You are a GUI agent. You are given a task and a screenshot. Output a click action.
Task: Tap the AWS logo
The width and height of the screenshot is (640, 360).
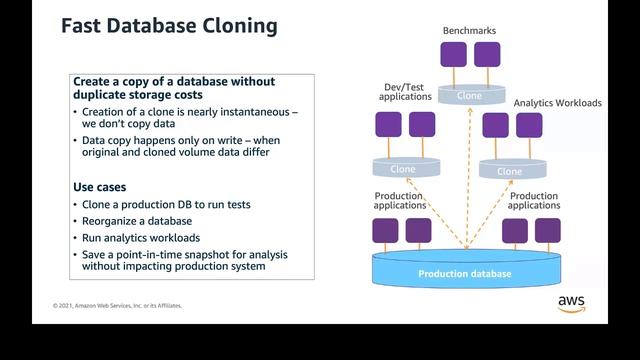coord(571,304)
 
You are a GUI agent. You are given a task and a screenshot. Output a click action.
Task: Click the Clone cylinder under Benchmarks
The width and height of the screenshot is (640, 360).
coord(468,95)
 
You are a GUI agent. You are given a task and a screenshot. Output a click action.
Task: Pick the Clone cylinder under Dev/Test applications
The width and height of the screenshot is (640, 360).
coord(402,168)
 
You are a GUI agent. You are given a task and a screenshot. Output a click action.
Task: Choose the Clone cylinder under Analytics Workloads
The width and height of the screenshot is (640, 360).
coord(509,169)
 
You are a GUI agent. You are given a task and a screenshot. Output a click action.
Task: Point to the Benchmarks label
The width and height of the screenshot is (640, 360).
coord(468,31)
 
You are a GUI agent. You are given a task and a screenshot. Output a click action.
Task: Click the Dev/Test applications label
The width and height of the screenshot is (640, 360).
coord(404,91)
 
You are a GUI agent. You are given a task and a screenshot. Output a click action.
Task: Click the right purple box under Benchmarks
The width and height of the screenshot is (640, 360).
coord(487,55)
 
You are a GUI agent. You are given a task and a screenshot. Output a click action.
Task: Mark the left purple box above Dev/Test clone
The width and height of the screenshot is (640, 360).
coord(388,125)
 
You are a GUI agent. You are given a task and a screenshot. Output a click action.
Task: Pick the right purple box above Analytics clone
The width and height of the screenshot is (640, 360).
coord(529,125)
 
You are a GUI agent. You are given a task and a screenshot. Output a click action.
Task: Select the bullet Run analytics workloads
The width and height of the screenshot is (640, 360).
coord(141,237)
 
